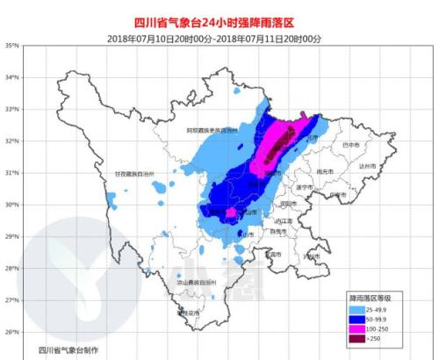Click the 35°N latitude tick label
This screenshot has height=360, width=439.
[11, 45]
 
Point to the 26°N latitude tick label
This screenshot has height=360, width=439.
[11, 332]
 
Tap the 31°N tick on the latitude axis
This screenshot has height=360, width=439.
[11, 173]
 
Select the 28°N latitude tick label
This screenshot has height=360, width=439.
[11, 269]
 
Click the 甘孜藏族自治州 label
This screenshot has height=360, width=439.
[133, 175]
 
